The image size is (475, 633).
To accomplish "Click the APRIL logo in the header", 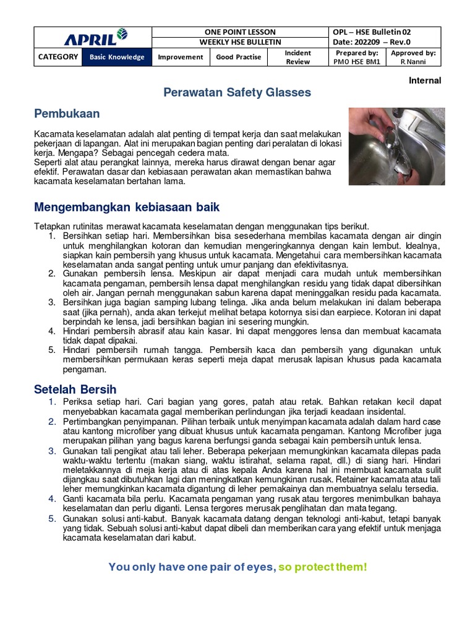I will point(92,38).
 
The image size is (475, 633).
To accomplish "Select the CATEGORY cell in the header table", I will point(58,57).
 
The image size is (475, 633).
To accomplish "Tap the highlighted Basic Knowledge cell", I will point(117,57).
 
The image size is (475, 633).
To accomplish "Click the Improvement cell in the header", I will point(180,57).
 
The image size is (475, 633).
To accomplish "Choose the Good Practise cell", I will point(238,57).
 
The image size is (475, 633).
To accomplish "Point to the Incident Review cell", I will point(297,57).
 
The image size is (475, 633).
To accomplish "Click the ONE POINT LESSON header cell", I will point(240,32).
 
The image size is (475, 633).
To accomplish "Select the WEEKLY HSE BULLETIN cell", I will point(240,42).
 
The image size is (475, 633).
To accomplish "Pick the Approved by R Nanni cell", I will point(413,57).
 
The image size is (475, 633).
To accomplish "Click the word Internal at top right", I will point(425,80).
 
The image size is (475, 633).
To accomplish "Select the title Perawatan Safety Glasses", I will point(237,93).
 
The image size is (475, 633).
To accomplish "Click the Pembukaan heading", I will point(67,114).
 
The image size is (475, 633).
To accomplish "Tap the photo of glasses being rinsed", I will point(396,147).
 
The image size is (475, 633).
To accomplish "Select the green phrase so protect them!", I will point(322,567).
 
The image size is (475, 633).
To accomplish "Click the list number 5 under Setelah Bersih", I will point(53,518).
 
